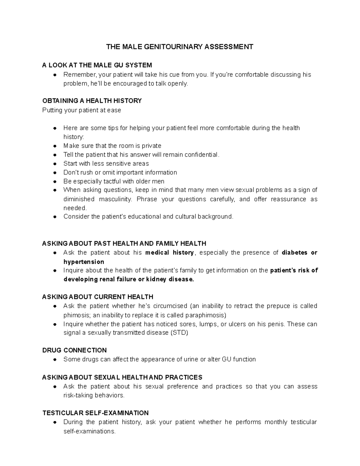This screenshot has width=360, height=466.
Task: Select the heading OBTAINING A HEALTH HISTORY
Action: coord(92,101)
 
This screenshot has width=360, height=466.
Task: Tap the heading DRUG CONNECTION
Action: coord(74,350)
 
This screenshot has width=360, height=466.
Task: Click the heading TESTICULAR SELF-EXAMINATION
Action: coord(95,413)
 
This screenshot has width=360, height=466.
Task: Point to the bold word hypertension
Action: coord(84,262)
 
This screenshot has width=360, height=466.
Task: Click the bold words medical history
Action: coord(169,253)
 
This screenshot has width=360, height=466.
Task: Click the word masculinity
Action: coord(115,199)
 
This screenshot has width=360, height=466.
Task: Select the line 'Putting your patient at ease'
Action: coord(82,110)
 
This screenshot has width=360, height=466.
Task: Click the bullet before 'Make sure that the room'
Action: coord(55,146)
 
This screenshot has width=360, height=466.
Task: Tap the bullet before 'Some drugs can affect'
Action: coord(55,359)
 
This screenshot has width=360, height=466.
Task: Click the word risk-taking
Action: coord(78,395)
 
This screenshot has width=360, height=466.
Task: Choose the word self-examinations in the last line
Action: coord(89,431)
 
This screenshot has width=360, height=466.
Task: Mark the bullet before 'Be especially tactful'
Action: coord(55,182)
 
